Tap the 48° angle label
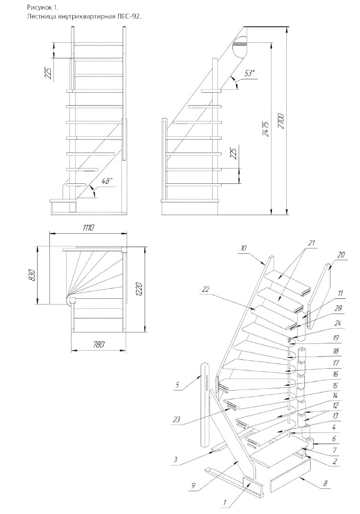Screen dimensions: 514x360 pos(107,181)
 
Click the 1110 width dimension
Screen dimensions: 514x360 pos(88,228)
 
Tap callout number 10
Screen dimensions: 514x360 pos(243,247)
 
